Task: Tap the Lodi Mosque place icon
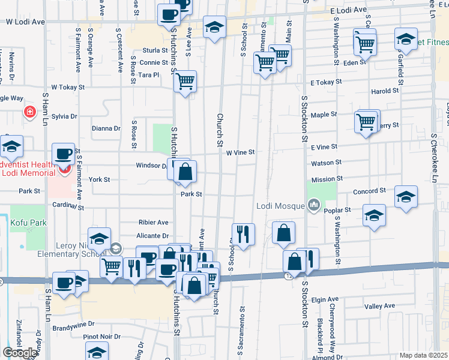[314, 206]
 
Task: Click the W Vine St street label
[241, 152]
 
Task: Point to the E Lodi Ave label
[348, 11]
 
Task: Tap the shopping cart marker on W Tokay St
[185, 81]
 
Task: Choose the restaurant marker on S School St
[243, 234]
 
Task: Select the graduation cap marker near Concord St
[406, 197]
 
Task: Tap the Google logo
[20, 352]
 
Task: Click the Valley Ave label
[379, 306]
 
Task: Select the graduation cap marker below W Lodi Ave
[214, 27]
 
